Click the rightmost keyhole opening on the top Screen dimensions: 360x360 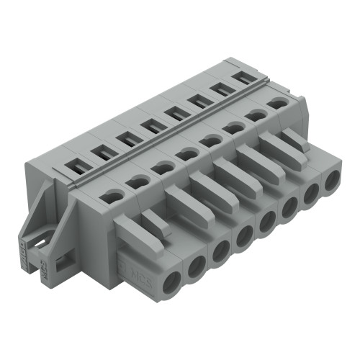(276, 104)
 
